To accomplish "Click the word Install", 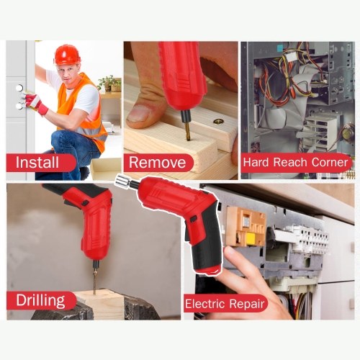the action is coord(37,162).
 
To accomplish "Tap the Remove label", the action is coord(158,163).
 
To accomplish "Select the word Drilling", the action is coord(40,300).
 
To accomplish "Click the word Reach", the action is coord(290,162).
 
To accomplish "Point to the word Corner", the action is coord(330,162).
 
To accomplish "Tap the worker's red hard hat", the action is coord(67,55).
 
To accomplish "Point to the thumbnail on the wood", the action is coord(138,114).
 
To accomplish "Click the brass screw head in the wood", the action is coord(218,122).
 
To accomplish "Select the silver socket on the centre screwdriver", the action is coord(122,181).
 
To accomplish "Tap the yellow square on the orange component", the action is coord(251,238).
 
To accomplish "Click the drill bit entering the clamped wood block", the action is coord(95,279).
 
